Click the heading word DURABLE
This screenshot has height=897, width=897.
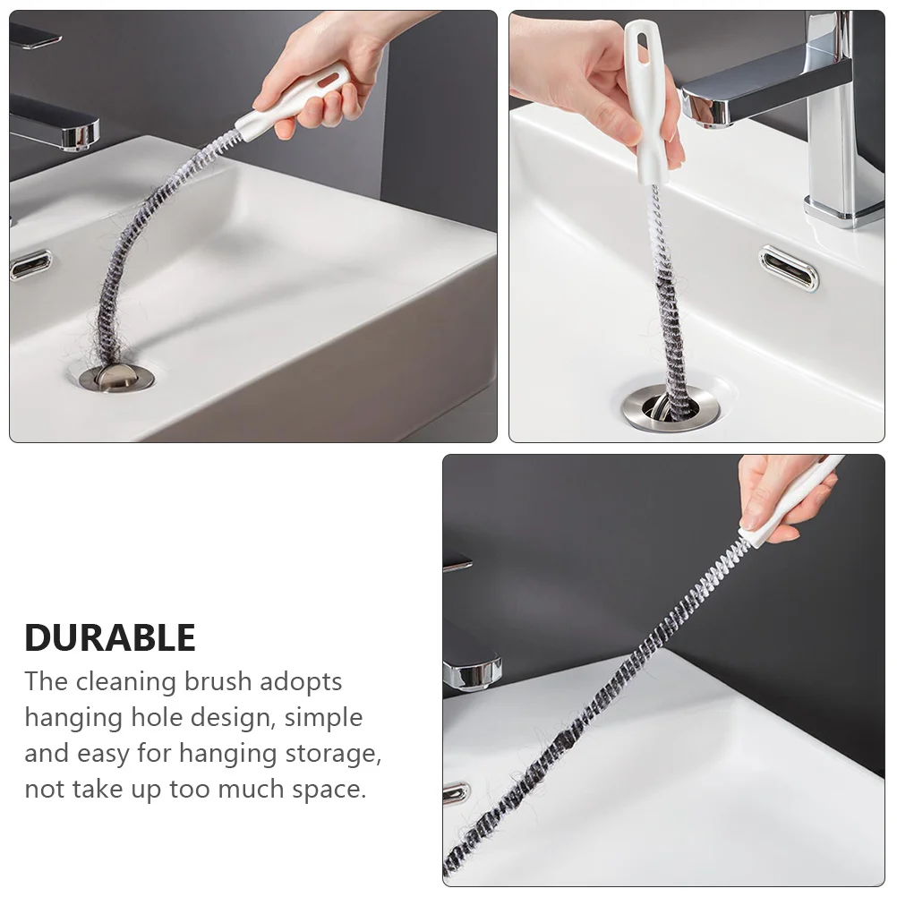click(x=110, y=637)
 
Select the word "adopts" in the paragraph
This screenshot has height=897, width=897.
click(x=301, y=682)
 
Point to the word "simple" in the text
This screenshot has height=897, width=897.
click(x=322, y=718)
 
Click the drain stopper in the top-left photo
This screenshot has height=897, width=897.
click(x=116, y=376)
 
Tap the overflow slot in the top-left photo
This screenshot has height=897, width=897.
click(x=30, y=264)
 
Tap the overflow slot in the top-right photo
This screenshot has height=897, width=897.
click(x=789, y=268)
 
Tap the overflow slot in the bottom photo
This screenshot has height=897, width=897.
click(x=456, y=792)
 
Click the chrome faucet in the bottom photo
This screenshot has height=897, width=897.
click(x=471, y=667)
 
